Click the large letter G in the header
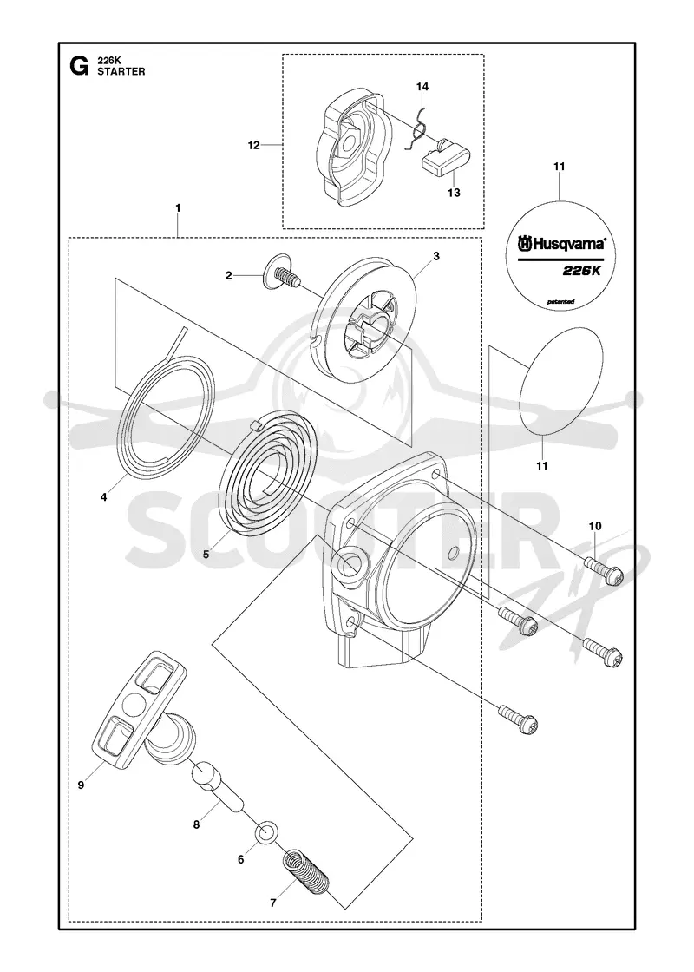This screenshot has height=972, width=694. (79, 65)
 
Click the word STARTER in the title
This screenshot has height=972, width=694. (121, 71)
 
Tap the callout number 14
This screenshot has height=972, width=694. (422, 87)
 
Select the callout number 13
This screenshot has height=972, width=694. (454, 193)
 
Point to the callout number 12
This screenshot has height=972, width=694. (253, 146)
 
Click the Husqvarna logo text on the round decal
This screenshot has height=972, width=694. (561, 245)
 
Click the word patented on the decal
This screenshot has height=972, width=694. (560, 302)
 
